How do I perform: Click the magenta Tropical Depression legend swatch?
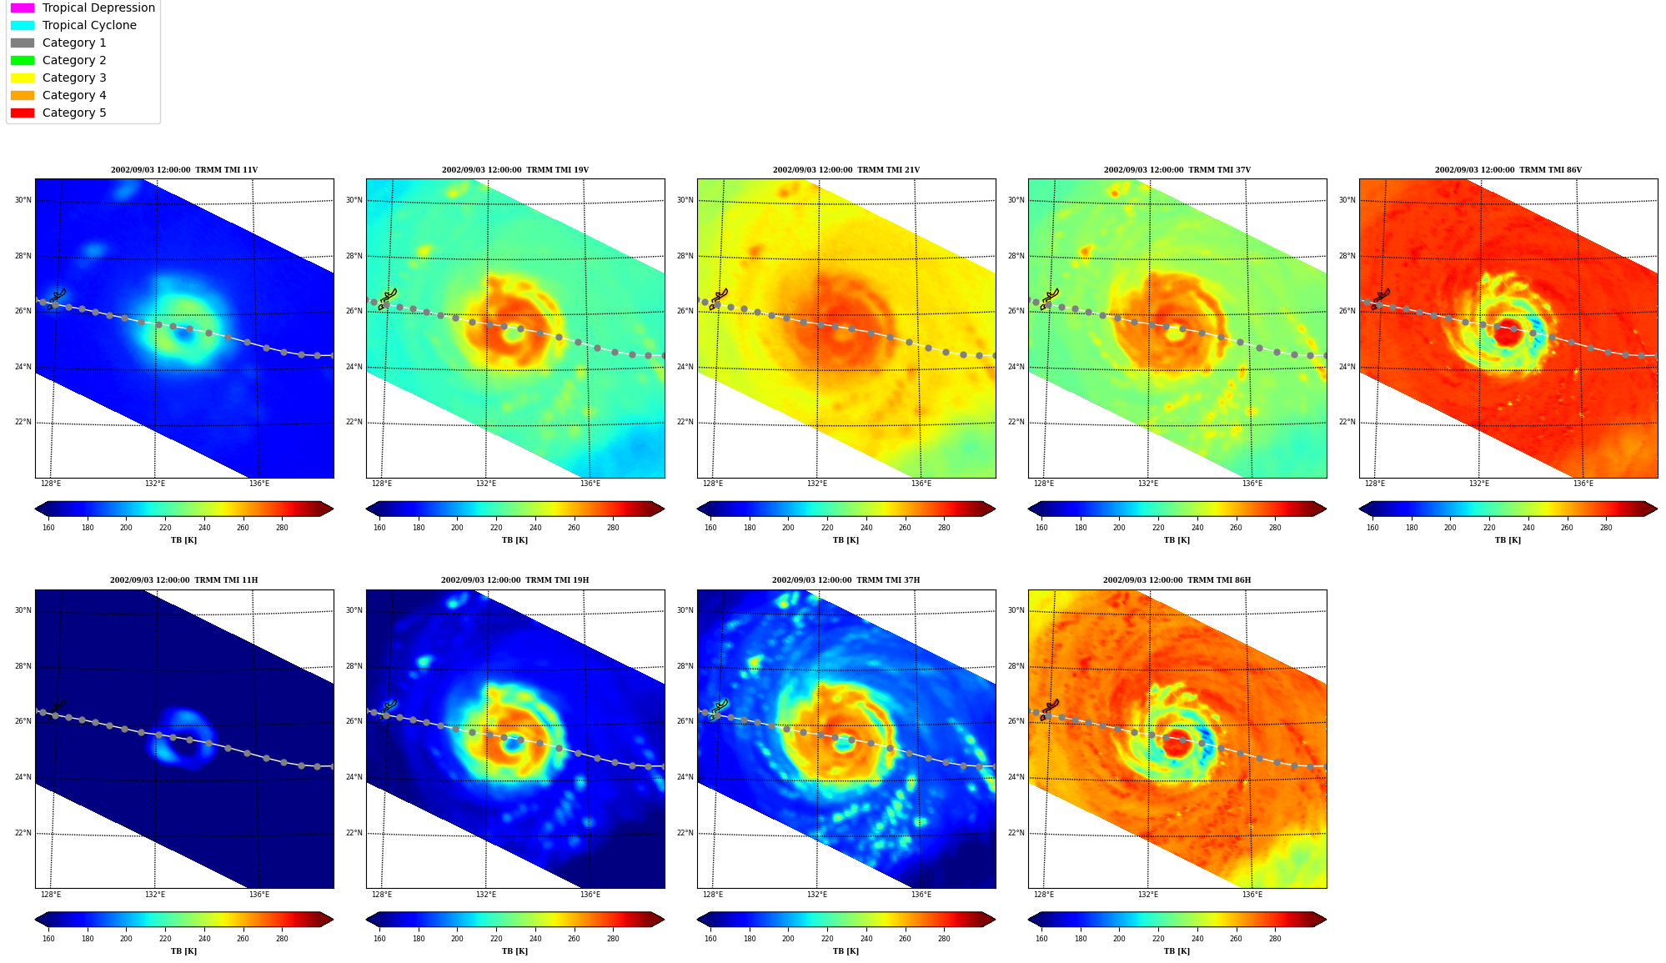(23, 8)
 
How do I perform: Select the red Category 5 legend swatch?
(23, 113)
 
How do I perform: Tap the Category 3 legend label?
(74, 78)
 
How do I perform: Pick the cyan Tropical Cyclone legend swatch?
(23, 25)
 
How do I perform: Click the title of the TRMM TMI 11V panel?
(184, 170)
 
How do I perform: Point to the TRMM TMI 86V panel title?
(1508, 170)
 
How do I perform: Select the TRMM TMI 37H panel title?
(846, 580)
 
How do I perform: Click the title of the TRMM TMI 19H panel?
(514, 580)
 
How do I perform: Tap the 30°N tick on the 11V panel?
(23, 200)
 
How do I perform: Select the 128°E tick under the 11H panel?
(51, 895)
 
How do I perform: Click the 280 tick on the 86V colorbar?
(1606, 528)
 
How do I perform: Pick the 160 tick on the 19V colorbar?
(379, 528)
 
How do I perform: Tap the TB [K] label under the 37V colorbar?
(1177, 540)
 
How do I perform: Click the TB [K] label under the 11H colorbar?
(183, 951)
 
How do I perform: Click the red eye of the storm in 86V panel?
(1508, 332)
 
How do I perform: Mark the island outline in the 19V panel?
(387, 299)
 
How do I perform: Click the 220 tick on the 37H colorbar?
(827, 939)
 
